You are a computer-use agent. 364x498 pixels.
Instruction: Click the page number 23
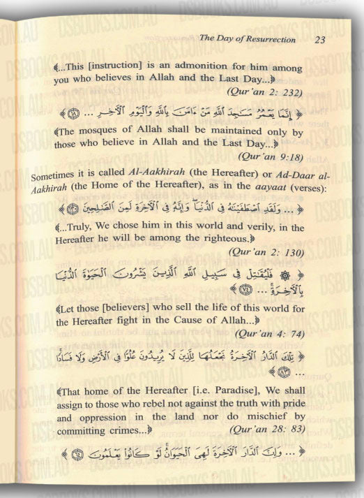tap(320, 39)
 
